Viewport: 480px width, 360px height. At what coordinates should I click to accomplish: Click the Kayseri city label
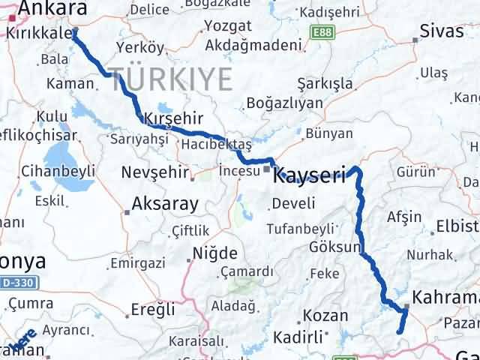(x=310, y=176)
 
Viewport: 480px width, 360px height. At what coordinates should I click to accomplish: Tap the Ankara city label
(x=52, y=8)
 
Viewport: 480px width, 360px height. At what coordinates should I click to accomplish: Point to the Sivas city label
(x=436, y=32)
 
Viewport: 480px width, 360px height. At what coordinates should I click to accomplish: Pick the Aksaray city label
(x=165, y=202)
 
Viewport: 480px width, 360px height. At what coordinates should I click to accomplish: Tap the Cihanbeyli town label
(x=58, y=170)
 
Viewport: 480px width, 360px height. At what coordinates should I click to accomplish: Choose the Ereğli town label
(x=153, y=309)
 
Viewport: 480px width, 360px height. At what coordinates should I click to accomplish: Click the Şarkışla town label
(x=325, y=82)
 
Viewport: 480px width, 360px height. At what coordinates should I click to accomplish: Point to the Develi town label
(x=288, y=204)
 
